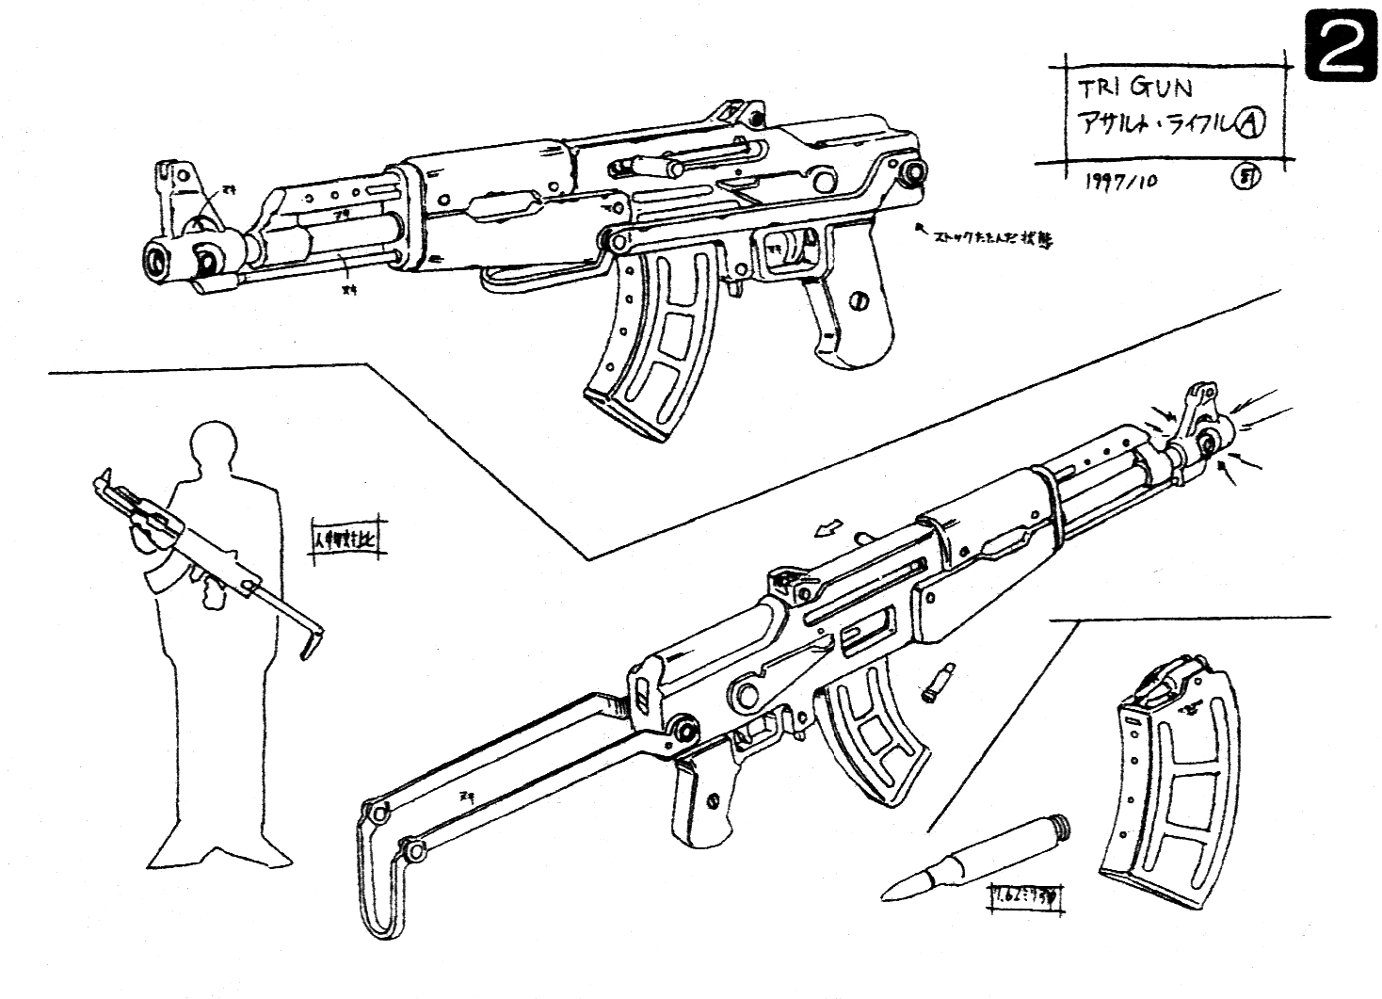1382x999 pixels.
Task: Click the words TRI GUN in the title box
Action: coord(1135,89)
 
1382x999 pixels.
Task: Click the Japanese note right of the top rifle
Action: coord(988,237)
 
